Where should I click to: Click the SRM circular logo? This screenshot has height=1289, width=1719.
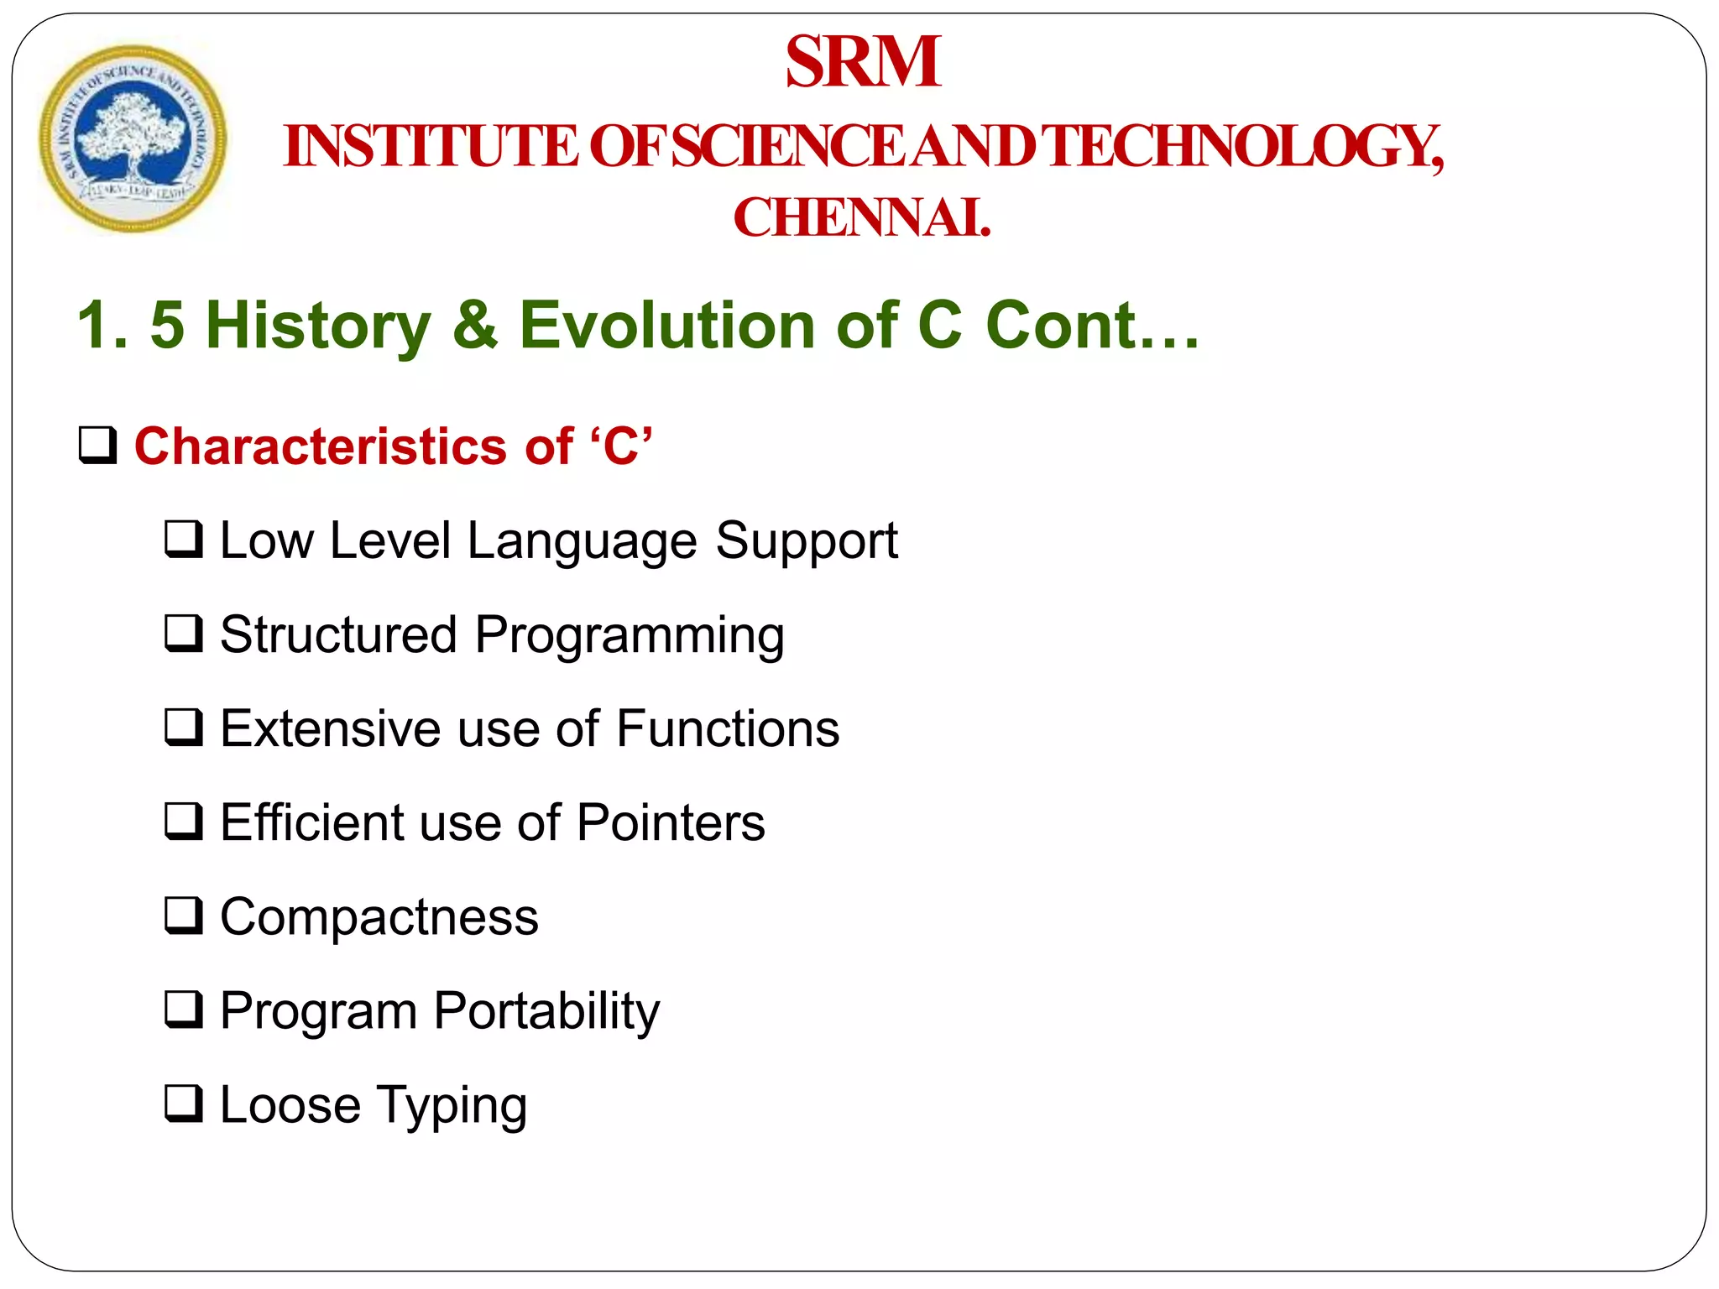pos(133,138)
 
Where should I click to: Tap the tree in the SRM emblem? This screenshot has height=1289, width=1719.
pos(128,134)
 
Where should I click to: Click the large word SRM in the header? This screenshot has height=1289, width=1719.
pos(862,62)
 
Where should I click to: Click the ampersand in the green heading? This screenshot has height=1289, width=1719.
pos(474,326)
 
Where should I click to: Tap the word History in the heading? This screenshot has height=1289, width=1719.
pos(318,326)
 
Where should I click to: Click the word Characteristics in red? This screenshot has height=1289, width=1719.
pos(320,446)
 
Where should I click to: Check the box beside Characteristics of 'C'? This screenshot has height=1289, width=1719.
pos(98,446)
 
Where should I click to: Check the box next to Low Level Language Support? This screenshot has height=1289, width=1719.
pos(184,540)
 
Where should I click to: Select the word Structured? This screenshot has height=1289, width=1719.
pos(338,634)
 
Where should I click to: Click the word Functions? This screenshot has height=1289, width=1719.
pos(728,728)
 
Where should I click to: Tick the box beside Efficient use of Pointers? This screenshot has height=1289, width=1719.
pos(184,822)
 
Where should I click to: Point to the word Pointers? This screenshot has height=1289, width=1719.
pos(671,822)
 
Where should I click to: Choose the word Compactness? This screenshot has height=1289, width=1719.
pos(379,916)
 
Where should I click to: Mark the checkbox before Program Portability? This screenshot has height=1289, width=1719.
pos(184,1010)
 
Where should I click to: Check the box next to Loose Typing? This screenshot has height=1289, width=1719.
pos(184,1104)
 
